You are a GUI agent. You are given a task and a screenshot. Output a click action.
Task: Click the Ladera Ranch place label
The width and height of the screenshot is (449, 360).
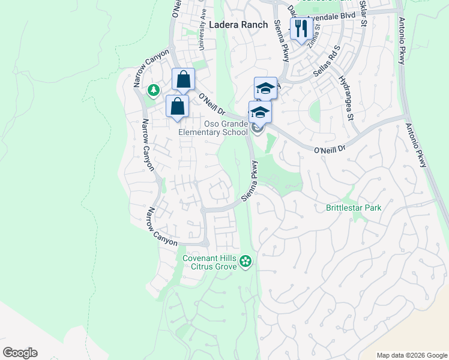(x=238, y=25)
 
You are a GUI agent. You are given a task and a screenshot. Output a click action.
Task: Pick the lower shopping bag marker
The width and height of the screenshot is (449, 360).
(x=178, y=107)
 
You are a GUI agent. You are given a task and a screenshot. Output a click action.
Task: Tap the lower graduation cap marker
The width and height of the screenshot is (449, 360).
(x=260, y=112)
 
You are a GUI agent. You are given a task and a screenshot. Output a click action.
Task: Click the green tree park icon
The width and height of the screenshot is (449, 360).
(x=154, y=90)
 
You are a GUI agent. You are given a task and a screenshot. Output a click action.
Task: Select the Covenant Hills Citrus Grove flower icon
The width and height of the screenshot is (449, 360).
(x=245, y=260)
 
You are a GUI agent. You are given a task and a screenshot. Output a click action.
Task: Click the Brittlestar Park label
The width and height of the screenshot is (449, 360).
(x=354, y=208)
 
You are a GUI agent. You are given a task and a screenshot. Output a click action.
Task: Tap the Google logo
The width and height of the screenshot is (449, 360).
(x=20, y=352)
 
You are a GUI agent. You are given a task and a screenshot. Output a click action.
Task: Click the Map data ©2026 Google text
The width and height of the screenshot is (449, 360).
(x=411, y=355)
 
